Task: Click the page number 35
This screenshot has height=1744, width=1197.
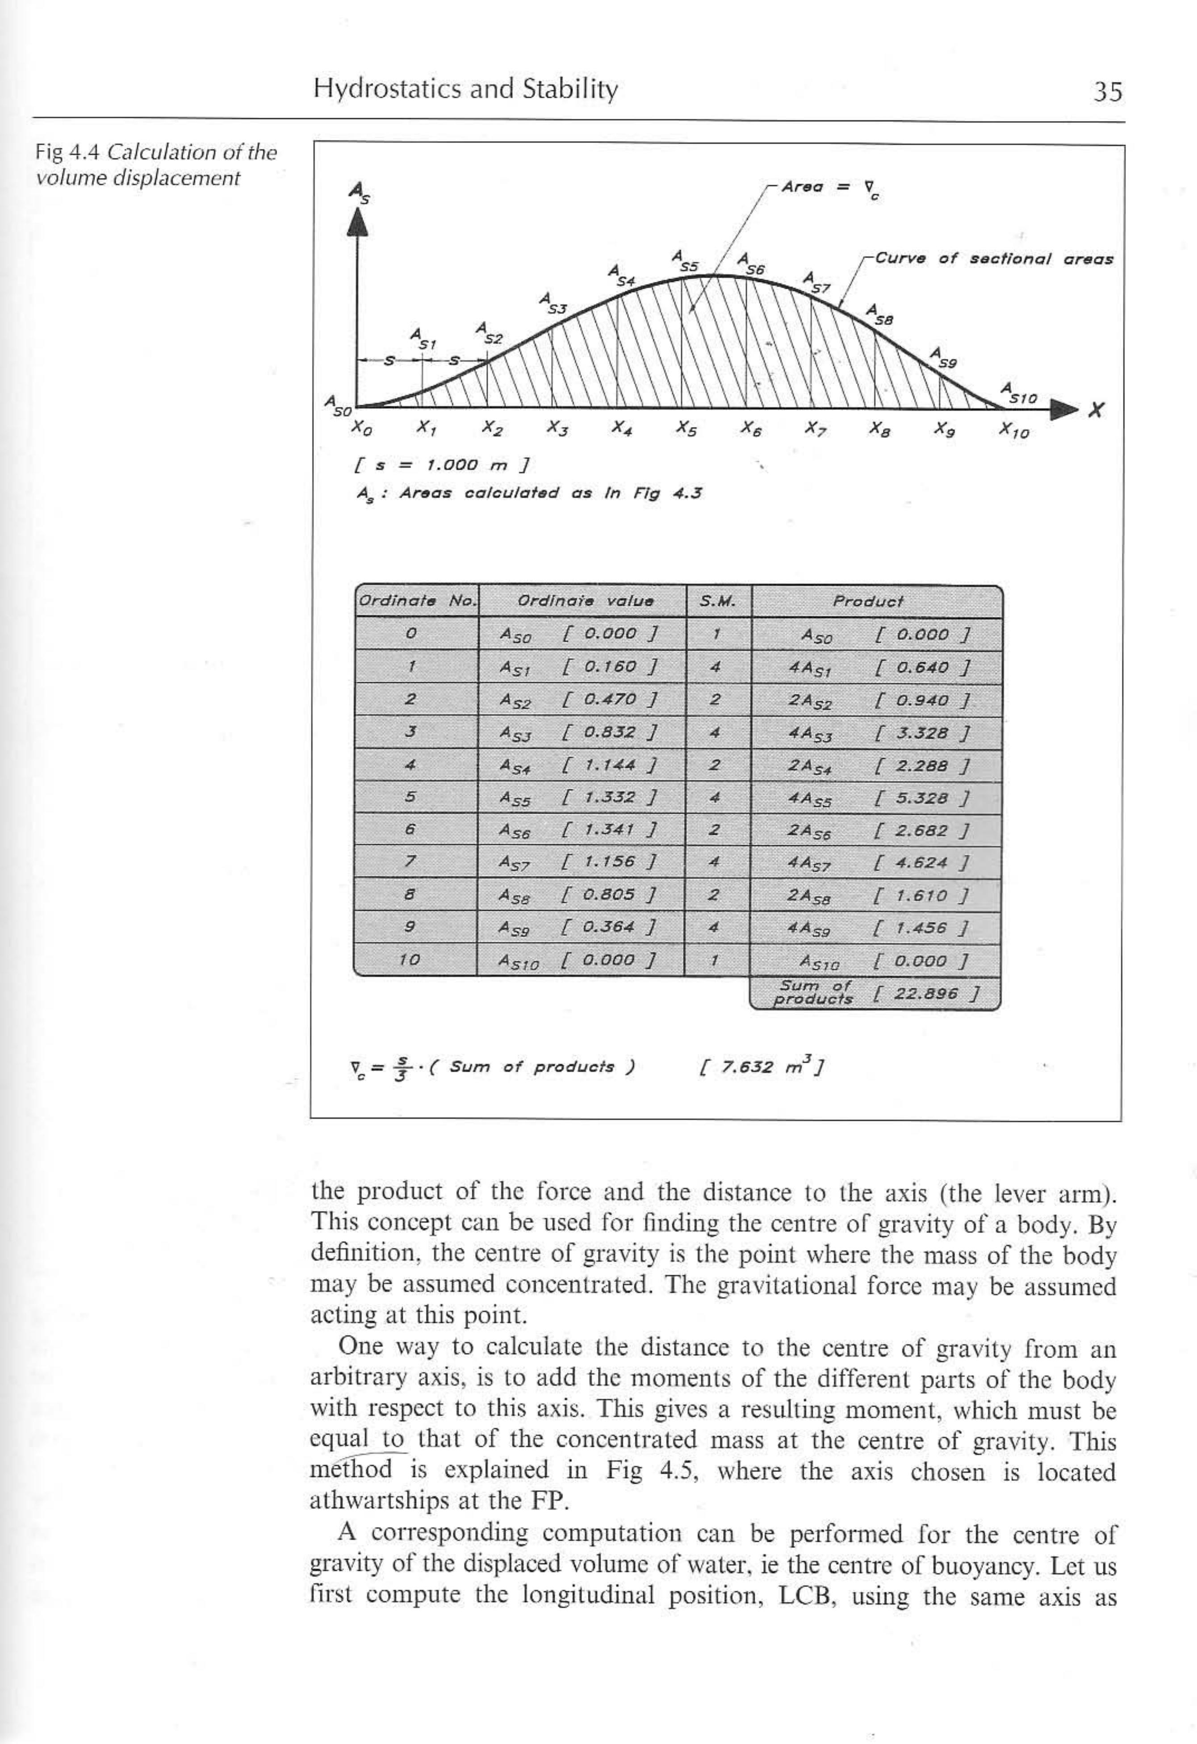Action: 1107,92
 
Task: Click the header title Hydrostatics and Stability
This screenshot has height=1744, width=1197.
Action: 465,89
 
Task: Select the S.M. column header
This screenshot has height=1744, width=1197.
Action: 717,601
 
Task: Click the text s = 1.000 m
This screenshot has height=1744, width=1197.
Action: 442,465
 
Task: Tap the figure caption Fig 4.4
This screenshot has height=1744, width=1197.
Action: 70,153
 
